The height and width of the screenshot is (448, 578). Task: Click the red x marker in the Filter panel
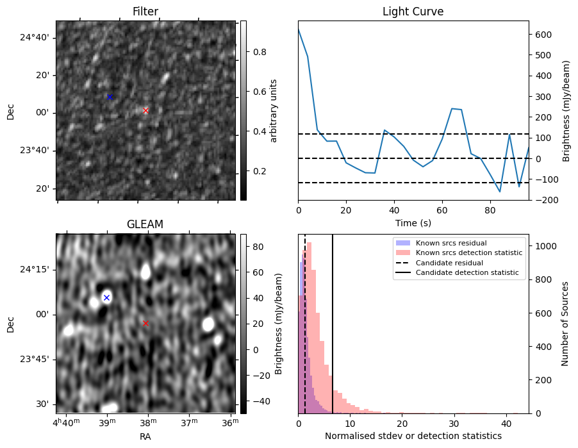(x=145, y=110)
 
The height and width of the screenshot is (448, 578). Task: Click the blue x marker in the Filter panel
(x=110, y=97)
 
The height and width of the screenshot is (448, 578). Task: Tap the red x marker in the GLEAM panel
(x=145, y=323)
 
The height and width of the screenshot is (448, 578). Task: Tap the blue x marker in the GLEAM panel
(x=106, y=297)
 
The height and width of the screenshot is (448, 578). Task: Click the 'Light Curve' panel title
(x=413, y=12)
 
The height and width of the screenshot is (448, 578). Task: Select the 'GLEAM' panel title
(x=145, y=224)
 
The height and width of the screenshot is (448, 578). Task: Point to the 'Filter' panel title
(x=145, y=12)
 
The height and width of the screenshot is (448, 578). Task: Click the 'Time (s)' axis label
(x=413, y=222)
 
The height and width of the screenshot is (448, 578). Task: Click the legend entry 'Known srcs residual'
(x=450, y=243)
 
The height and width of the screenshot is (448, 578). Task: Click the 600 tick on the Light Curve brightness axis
(x=541, y=35)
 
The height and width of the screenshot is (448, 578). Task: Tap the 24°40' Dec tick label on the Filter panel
(x=34, y=37)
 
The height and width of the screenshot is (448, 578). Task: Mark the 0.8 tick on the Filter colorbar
(x=260, y=52)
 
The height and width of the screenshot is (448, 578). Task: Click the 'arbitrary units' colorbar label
(x=273, y=110)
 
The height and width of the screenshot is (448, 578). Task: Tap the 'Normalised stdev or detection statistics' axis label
(x=413, y=436)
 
